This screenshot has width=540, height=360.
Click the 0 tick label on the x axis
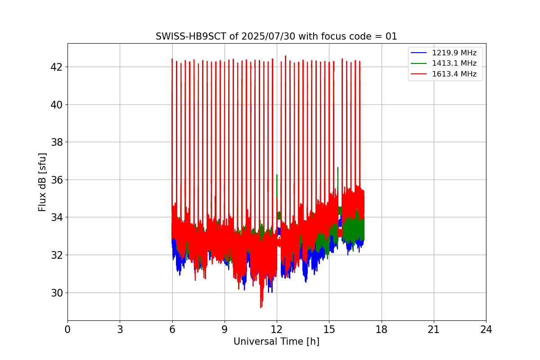click(x=67, y=330)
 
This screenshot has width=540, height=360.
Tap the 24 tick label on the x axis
click(x=486, y=330)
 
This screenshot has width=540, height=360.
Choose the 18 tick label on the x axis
click(x=382, y=330)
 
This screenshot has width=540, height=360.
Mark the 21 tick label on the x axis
click(x=434, y=330)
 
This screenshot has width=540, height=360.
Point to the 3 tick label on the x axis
click(x=120, y=330)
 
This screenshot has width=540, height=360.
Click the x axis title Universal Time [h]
click(x=276, y=342)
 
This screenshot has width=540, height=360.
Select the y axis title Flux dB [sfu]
click(x=43, y=182)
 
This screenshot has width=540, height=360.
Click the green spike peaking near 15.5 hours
click(x=337, y=169)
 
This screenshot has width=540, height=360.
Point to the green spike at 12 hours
click(x=277, y=175)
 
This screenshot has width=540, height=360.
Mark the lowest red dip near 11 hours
click(x=261, y=307)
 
